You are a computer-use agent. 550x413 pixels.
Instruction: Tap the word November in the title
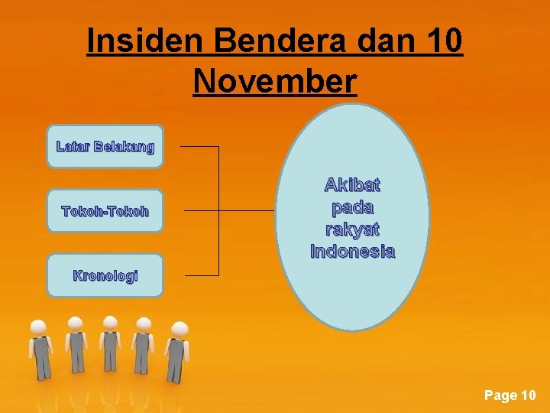(275, 80)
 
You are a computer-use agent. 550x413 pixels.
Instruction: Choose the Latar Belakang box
(105, 146)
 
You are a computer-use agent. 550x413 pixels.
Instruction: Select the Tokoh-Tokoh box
(105, 210)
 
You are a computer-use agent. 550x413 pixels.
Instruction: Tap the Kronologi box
(105, 275)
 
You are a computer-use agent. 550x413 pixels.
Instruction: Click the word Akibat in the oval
(352, 184)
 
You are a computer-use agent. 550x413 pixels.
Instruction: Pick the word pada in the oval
(352, 206)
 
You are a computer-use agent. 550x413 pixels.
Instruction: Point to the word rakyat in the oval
(352, 229)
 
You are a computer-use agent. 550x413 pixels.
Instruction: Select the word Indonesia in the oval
(352, 251)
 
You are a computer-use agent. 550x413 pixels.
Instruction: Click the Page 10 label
(510, 395)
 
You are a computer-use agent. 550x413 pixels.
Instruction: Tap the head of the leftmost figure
(38, 327)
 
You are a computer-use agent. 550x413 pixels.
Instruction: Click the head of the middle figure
(110, 322)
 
